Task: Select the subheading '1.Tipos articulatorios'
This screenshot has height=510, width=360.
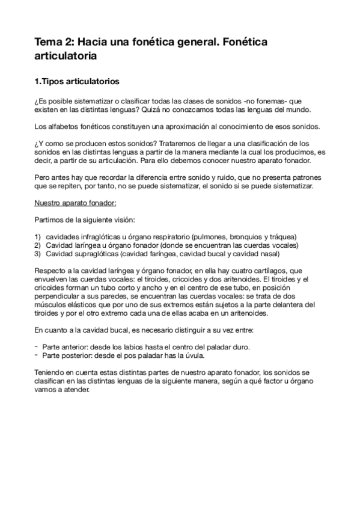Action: click(77, 81)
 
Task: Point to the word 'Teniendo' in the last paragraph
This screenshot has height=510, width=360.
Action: click(51, 372)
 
